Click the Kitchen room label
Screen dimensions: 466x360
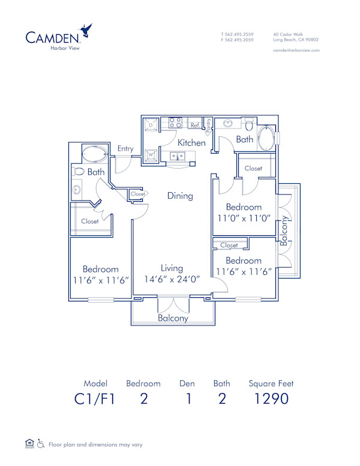[192, 143]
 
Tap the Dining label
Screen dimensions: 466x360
[180, 196]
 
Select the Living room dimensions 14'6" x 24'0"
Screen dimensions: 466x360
[172, 279]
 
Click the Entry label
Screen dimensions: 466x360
[125, 149]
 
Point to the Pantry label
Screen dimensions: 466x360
[208, 126]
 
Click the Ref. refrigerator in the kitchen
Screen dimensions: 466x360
[194, 126]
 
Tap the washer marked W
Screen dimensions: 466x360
[151, 155]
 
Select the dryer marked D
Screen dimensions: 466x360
[151, 125]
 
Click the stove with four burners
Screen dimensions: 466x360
[175, 123]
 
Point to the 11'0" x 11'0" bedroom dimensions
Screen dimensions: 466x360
[244, 219]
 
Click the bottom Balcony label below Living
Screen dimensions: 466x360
[173, 318]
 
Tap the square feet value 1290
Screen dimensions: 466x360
[271, 399]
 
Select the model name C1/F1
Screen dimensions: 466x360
[94, 399]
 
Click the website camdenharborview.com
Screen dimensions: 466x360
[296, 50]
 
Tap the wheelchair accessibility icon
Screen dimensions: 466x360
[41, 444]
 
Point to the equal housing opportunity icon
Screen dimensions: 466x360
[29, 444]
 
